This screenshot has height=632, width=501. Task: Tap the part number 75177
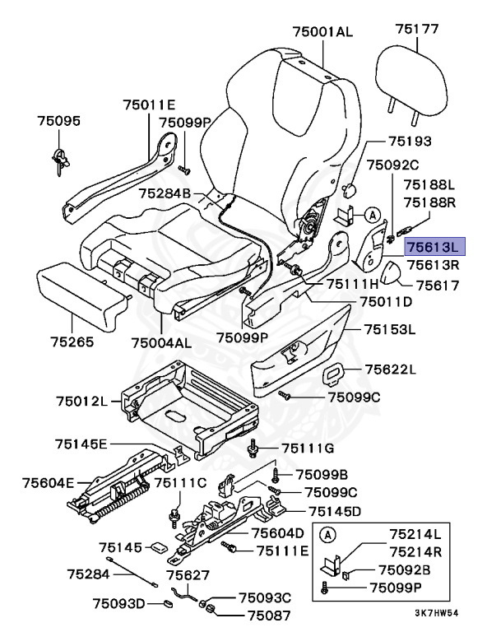pos(417,29)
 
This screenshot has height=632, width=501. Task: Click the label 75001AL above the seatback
pos(322,32)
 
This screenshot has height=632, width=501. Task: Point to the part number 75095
pos(58,121)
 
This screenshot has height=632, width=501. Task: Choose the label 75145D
pos(335,511)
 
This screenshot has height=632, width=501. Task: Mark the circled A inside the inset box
pos(327,534)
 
